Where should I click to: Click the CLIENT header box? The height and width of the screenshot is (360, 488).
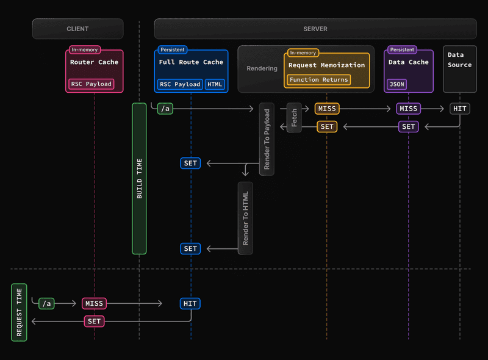click(77, 29)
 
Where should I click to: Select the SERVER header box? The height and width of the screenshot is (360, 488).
click(315, 29)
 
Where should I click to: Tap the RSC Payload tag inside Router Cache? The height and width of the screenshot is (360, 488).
click(91, 84)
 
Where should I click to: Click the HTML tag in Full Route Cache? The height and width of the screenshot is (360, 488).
click(215, 84)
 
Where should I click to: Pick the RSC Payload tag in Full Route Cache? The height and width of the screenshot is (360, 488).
click(180, 84)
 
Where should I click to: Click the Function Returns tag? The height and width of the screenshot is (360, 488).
click(319, 79)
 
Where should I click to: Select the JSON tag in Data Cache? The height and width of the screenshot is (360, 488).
click(396, 84)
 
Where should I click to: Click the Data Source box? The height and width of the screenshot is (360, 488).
click(459, 68)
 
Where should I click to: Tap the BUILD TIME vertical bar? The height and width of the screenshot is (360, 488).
click(139, 178)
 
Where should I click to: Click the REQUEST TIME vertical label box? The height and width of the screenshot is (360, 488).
click(19, 312)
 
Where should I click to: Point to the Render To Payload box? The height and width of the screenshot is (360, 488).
click(267, 139)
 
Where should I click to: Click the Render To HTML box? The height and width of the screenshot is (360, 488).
click(245, 217)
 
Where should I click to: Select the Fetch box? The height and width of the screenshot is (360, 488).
click(294, 118)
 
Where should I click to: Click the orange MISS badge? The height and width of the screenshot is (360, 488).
click(326, 109)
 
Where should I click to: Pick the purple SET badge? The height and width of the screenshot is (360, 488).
click(408, 126)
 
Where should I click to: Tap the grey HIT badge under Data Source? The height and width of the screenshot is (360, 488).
click(460, 109)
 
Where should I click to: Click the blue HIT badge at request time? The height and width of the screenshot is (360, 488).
click(190, 303)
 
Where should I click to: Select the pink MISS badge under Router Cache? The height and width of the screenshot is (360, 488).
click(94, 303)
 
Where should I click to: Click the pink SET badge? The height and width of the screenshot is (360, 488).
click(94, 321)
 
